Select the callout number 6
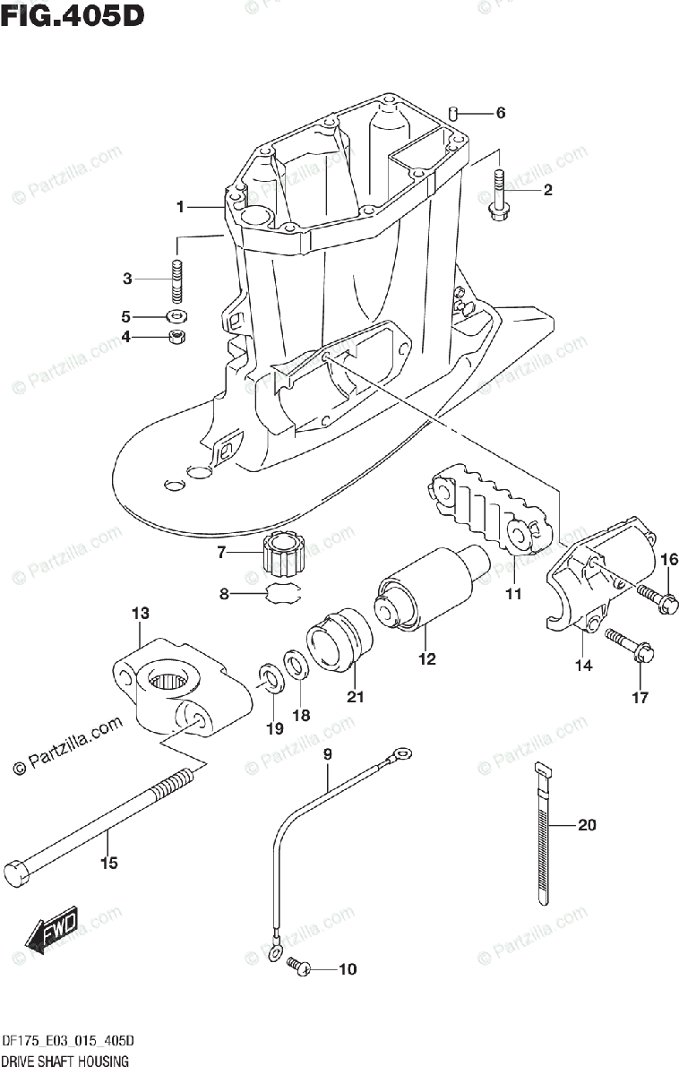tap(501, 113)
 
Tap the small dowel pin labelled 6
tap(456, 114)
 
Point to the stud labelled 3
tap(177, 280)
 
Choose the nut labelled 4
tap(177, 338)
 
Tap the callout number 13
tap(140, 614)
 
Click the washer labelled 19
tap(268, 675)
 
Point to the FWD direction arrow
tap(51, 929)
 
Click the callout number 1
tap(180, 207)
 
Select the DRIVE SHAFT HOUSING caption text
tap(65, 1062)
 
